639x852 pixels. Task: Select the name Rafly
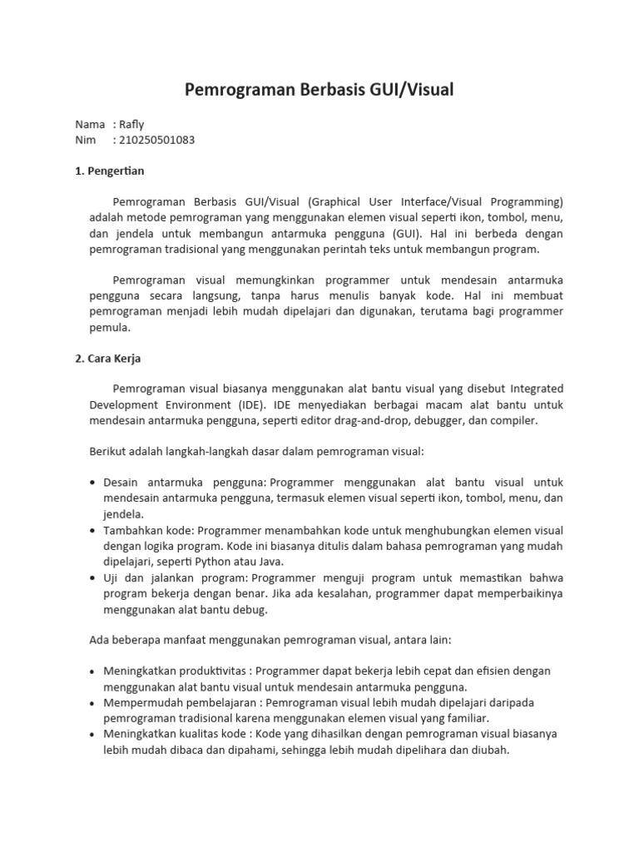[131, 124]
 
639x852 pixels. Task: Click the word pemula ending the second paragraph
[108, 328]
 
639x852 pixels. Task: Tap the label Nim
[86, 140]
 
